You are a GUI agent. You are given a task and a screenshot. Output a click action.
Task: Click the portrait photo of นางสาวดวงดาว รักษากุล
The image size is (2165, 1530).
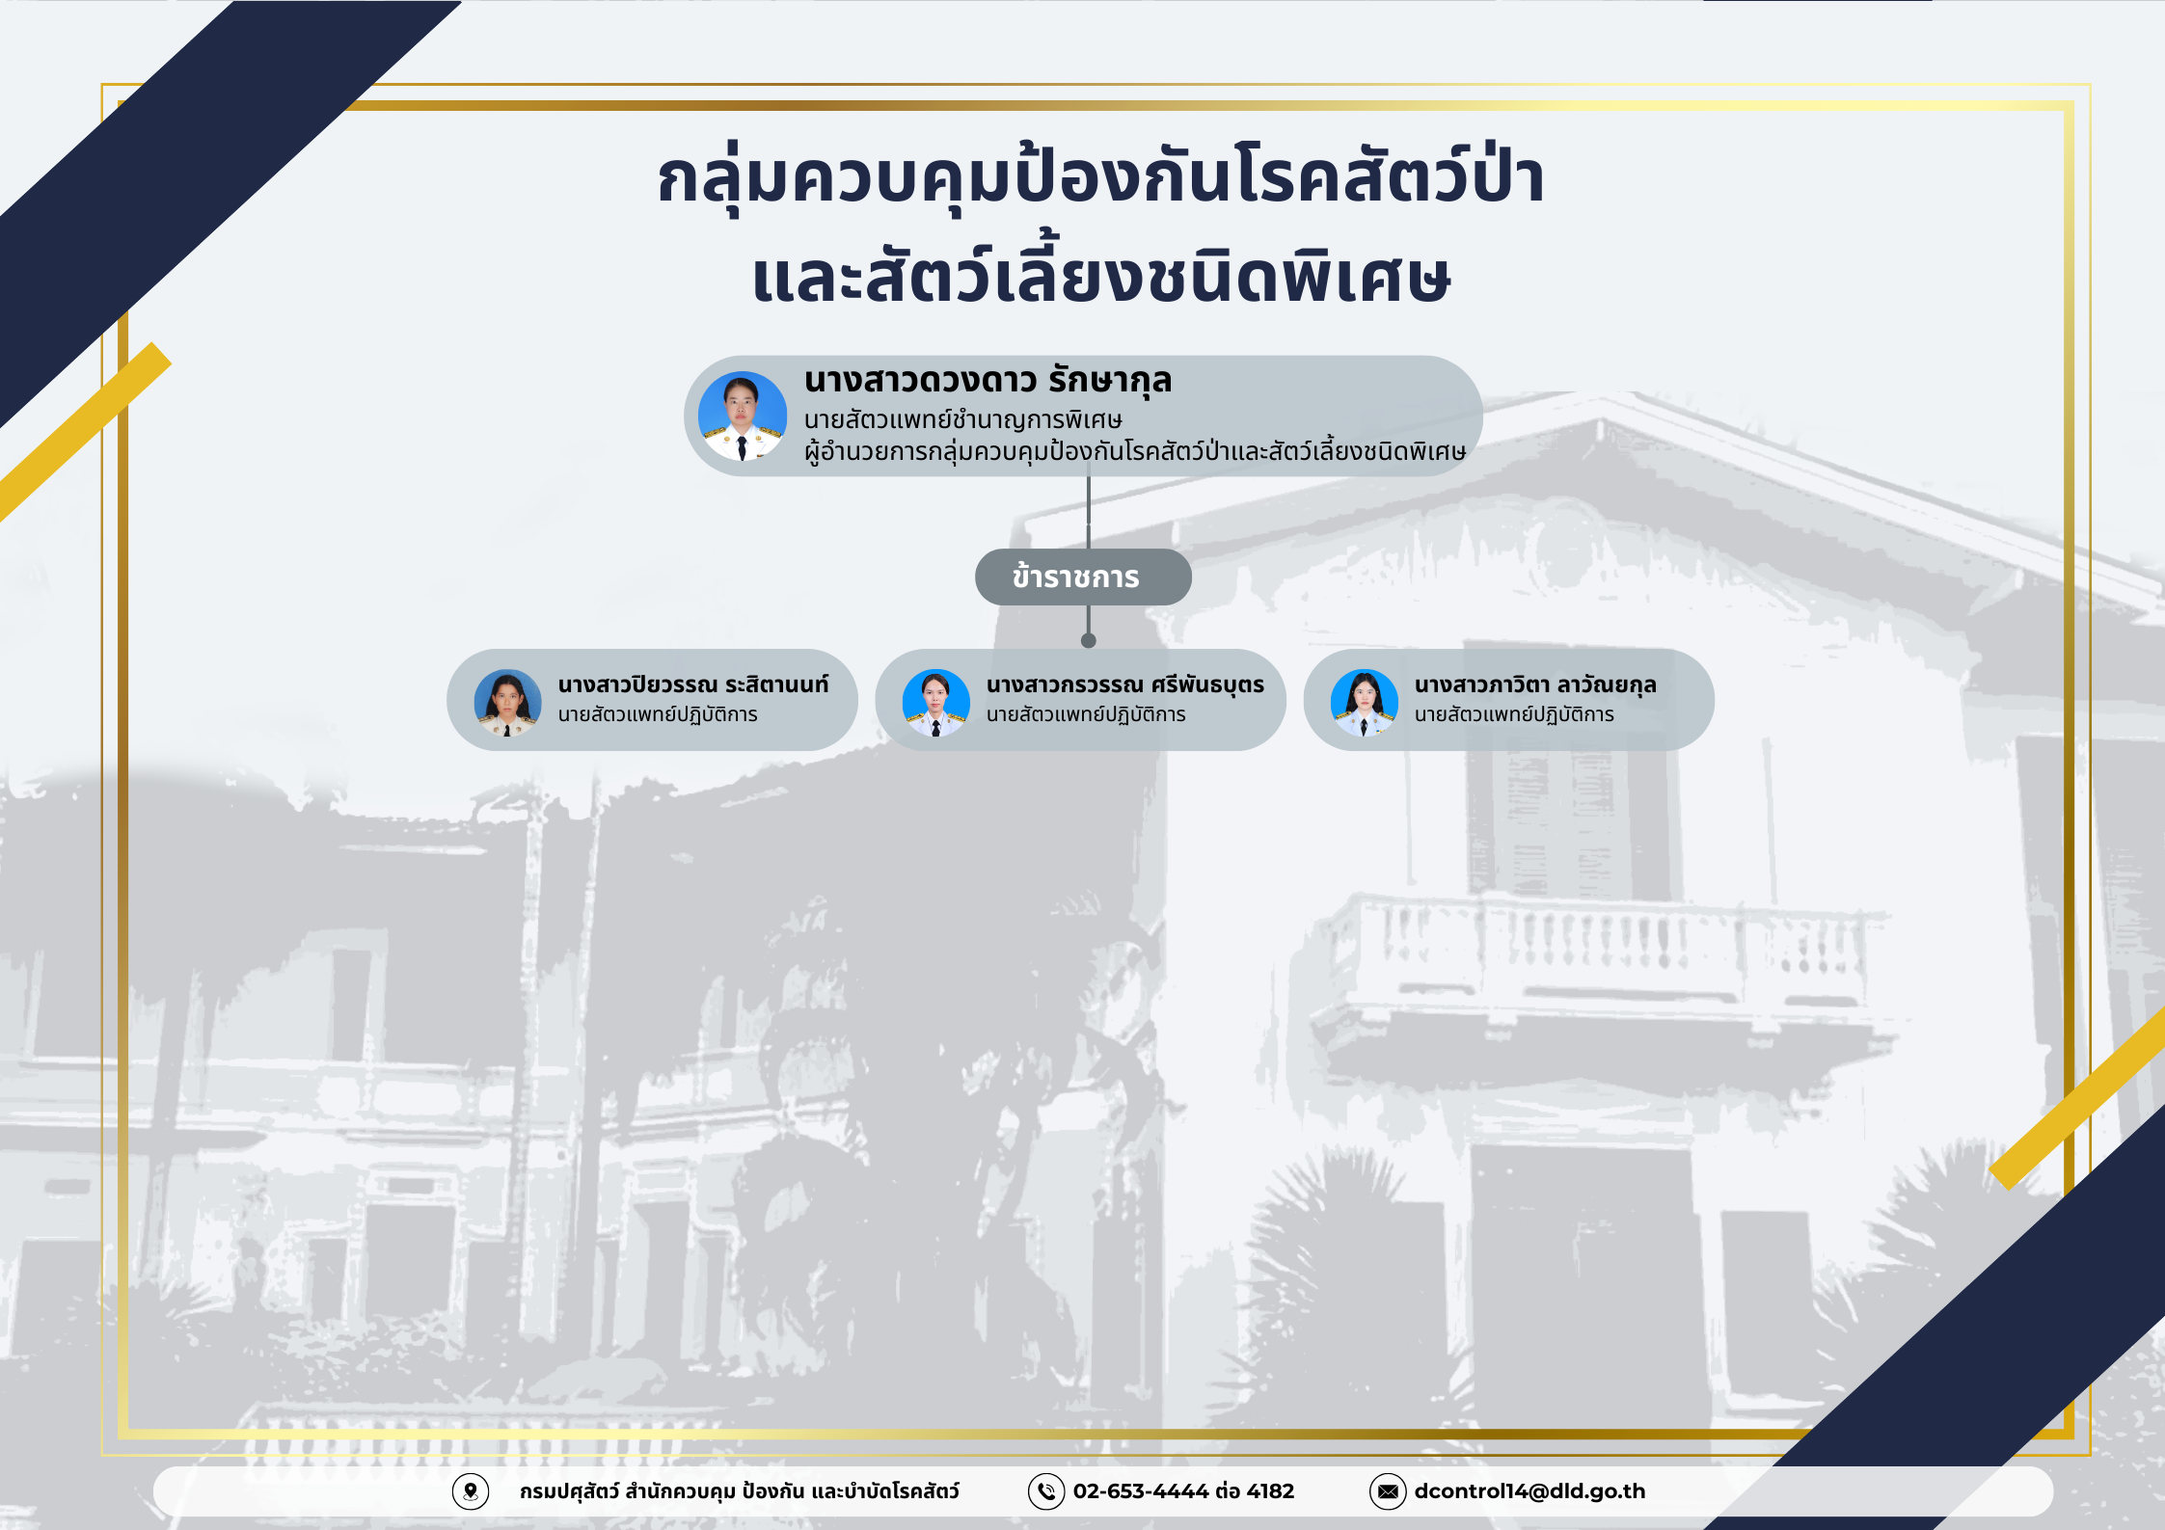pyautogui.click(x=742, y=416)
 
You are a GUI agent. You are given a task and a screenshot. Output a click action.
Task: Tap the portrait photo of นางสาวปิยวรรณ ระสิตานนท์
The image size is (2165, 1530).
pyautogui.click(x=507, y=703)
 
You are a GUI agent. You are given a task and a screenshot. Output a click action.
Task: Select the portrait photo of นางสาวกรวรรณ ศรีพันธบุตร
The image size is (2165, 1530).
pyautogui.click(x=935, y=703)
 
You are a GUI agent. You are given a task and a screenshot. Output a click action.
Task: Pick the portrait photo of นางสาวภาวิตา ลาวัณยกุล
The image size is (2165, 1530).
pyautogui.click(x=1364, y=703)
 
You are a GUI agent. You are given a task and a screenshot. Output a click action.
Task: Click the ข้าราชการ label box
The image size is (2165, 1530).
pyautogui.click(x=1083, y=577)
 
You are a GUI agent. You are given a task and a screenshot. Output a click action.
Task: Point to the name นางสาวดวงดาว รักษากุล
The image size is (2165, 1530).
pyautogui.click(x=988, y=381)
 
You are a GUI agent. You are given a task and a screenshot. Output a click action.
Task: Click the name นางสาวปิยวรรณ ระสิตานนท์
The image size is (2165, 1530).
pyautogui.click(x=692, y=684)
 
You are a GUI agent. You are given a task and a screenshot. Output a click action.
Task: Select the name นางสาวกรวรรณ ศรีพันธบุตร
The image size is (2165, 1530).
pyautogui.click(x=1124, y=684)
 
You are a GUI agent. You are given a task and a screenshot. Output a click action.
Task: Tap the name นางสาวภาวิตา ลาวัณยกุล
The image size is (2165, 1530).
pyautogui.click(x=1535, y=684)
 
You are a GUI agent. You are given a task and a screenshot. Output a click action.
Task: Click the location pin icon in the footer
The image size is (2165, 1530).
pyautogui.click(x=471, y=1491)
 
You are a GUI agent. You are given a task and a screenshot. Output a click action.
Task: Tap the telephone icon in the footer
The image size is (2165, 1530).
pyautogui.click(x=1046, y=1491)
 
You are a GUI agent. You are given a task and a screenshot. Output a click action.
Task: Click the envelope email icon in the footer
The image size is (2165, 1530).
pyautogui.click(x=1388, y=1491)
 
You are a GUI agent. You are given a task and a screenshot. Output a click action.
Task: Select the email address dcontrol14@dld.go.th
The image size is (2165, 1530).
pyautogui.click(x=1529, y=1491)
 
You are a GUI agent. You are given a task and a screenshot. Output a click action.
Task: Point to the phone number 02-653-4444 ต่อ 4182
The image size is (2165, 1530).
pyautogui.click(x=1183, y=1491)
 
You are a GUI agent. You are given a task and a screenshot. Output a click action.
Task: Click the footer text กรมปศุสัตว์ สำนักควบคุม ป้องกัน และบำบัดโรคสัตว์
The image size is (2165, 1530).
pyautogui.click(x=740, y=1491)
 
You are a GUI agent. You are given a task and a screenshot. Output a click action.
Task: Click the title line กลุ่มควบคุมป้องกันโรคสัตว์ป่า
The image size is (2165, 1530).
pyautogui.click(x=1100, y=178)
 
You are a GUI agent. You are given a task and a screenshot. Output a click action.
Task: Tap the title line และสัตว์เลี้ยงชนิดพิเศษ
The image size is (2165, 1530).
pyautogui.click(x=1100, y=274)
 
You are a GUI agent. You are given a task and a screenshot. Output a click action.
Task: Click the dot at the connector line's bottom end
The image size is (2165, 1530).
pyautogui.click(x=1089, y=641)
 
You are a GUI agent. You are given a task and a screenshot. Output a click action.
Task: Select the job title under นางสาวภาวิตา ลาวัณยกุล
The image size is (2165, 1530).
pyautogui.click(x=1514, y=714)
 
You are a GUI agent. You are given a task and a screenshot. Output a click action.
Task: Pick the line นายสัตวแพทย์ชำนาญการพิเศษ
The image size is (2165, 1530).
pyautogui.click(x=963, y=420)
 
